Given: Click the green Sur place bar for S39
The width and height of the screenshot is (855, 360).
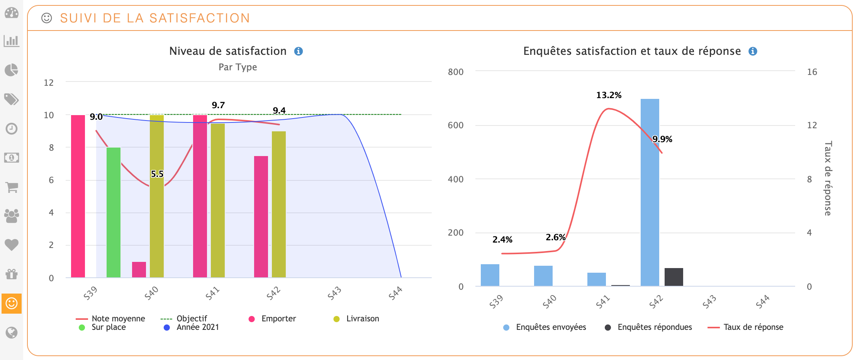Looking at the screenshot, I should click(114, 212).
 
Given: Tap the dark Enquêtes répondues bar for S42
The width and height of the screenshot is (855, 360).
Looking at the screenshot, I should click(673, 277).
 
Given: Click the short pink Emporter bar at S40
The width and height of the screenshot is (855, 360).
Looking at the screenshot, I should click(139, 269).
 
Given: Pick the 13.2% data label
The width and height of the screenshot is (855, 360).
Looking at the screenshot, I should click(609, 95).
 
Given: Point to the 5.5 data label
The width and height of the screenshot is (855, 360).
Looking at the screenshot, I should click(157, 174).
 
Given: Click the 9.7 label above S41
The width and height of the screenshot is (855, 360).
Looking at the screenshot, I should click(218, 105).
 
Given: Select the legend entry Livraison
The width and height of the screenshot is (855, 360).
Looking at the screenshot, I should click(362, 319).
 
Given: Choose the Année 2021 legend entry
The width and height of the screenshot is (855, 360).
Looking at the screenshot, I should click(197, 327).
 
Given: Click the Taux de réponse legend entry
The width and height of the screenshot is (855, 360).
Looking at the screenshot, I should click(753, 327).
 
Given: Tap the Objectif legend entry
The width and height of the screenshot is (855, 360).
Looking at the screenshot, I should click(192, 319).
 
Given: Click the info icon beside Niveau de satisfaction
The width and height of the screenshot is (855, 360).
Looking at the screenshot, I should click(299, 51).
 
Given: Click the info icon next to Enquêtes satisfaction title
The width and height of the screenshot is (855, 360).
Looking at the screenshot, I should click(753, 51).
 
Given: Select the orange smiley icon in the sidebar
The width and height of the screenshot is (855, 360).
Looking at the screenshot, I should click(12, 303).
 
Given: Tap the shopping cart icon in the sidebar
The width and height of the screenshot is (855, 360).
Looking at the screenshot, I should click(12, 187).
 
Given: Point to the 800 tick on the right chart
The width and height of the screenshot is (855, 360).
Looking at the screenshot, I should click(456, 72).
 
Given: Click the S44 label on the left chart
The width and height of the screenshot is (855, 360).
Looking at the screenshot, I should click(395, 293).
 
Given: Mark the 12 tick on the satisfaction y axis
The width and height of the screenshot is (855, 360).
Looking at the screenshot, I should click(49, 83).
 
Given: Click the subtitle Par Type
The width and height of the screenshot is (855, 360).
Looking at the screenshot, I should click(237, 67).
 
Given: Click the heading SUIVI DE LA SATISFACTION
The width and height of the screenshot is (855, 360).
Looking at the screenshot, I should click(155, 18).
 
